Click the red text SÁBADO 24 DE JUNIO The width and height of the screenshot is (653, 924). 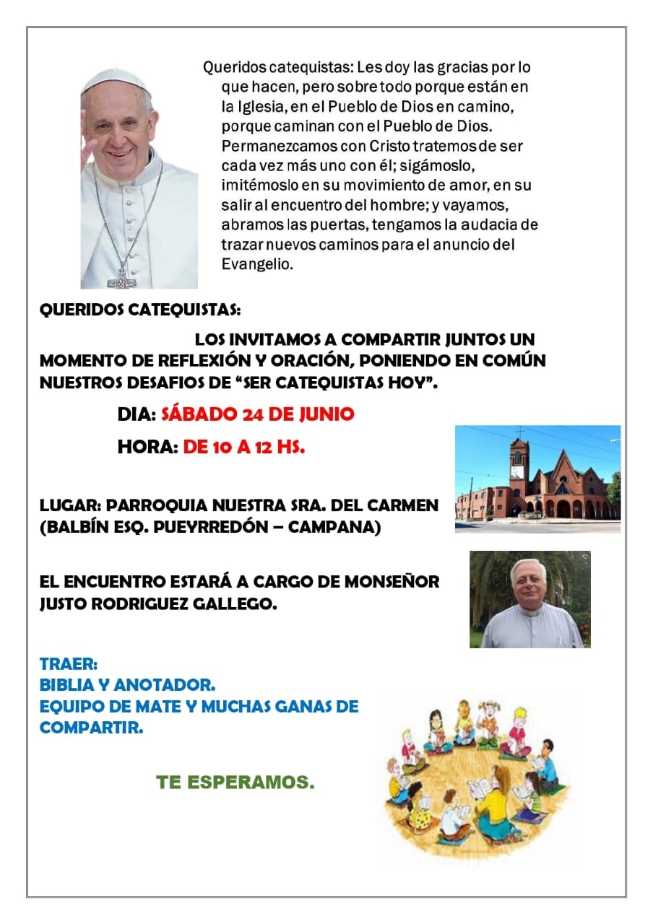click(x=257, y=414)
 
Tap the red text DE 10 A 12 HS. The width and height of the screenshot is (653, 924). click(x=243, y=448)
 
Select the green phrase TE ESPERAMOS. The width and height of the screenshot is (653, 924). click(x=235, y=783)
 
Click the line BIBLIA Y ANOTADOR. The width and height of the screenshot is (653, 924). click(x=127, y=684)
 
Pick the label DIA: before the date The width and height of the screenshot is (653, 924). click(x=137, y=414)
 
